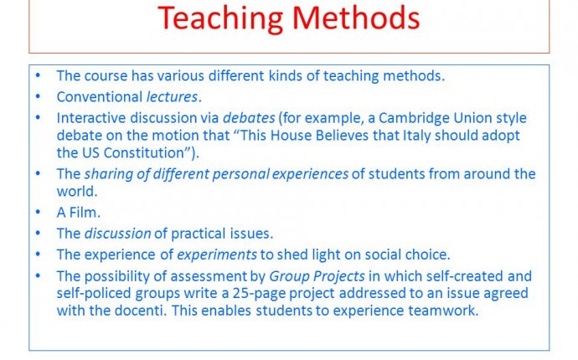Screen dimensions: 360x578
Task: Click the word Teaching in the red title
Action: click(219, 17)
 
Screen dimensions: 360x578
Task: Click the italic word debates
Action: click(247, 118)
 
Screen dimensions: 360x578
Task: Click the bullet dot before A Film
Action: click(38, 213)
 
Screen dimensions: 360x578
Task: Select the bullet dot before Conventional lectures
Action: click(38, 96)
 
